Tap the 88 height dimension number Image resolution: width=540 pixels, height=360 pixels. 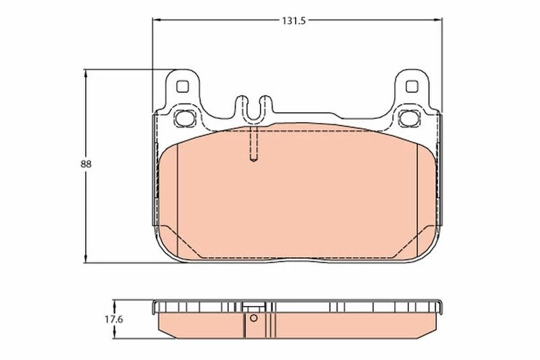86,165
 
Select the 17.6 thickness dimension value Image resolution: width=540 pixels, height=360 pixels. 114,319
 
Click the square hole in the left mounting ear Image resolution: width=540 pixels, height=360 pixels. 182,86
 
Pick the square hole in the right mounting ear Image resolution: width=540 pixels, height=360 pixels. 412,86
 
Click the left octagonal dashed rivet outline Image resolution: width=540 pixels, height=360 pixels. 184,118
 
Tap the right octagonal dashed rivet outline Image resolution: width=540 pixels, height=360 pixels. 410,118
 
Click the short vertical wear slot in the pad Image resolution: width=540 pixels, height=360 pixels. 254,144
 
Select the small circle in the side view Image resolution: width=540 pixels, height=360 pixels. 254,318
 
